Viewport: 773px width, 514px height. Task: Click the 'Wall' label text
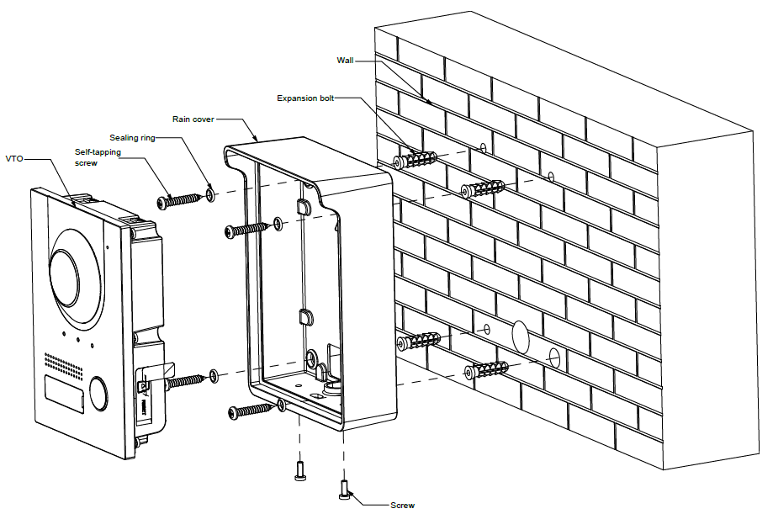[345, 61]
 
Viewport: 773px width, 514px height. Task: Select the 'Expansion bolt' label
[305, 98]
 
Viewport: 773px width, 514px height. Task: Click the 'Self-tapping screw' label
[96, 157]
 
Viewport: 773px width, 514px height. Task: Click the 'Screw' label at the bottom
[402, 505]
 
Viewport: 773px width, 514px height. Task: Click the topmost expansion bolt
[417, 159]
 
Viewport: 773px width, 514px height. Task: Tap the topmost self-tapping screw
[178, 201]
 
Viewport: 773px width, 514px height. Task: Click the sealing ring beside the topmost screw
[210, 196]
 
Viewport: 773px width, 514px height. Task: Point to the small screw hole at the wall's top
[483, 149]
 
